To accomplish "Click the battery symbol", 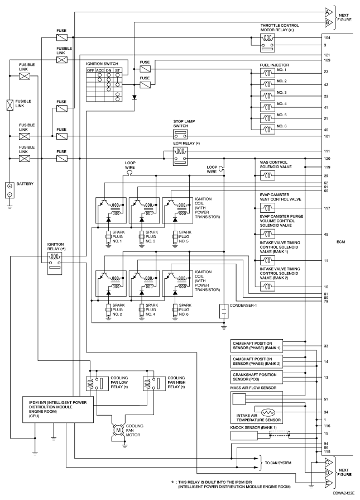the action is [x=9, y=190].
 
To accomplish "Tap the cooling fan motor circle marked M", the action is [x=118, y=430].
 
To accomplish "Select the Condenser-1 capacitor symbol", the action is [x=224, y=311].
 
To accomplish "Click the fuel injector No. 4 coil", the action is [x=267, y=107].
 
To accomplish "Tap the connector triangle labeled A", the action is [x=329, y=12].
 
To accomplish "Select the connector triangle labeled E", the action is [x=329, y=483].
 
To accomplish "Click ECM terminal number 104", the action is [x=327, y=37].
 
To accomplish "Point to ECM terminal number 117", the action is [x=327, y=208].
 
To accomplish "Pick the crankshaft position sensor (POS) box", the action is [x=256, y=377].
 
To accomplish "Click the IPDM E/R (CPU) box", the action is [x=58, y=409].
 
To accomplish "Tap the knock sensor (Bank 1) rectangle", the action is [x=244, y=436].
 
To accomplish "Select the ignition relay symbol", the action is [x=55, y=263].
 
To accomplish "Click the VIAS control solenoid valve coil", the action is [x=267, y=175].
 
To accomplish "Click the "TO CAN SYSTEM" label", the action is [x=278, y=463].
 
